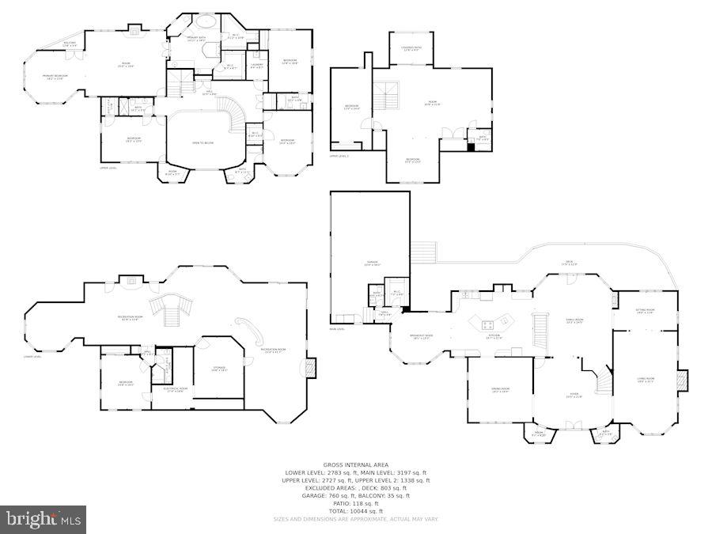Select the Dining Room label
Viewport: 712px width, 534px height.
coord(499,391)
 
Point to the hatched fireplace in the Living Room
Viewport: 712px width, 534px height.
coord(682,381)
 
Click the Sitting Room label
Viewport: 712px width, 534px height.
coord(645,311)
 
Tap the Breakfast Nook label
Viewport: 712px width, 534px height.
coord(422,336)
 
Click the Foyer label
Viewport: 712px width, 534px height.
coord(574,395)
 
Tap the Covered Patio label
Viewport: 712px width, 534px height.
coord(412,49)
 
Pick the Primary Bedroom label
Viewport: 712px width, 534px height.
coord(55,77)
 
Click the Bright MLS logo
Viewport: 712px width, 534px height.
coord(44,520)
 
